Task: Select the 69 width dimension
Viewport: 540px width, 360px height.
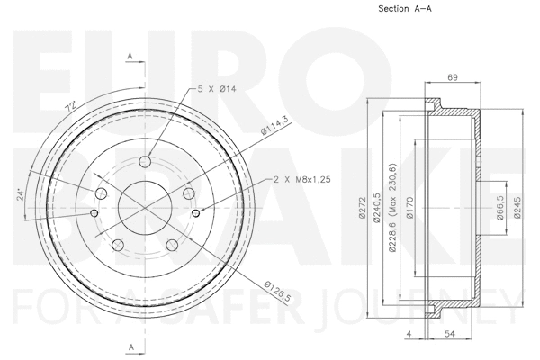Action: (x=453, y=78)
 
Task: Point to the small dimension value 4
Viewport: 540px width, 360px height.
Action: (x=408, y=335)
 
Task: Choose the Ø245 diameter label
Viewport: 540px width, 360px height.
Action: (x=517, y=209)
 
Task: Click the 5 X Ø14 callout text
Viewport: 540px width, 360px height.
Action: (x=218, y=89)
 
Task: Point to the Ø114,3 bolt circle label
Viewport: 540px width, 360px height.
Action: (x=274, y=125)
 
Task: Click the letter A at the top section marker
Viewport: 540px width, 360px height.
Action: (x=130, y=57)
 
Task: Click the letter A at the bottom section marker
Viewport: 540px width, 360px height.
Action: (x=130, y=347)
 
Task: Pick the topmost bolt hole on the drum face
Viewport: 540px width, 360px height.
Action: (x=145, y=162)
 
